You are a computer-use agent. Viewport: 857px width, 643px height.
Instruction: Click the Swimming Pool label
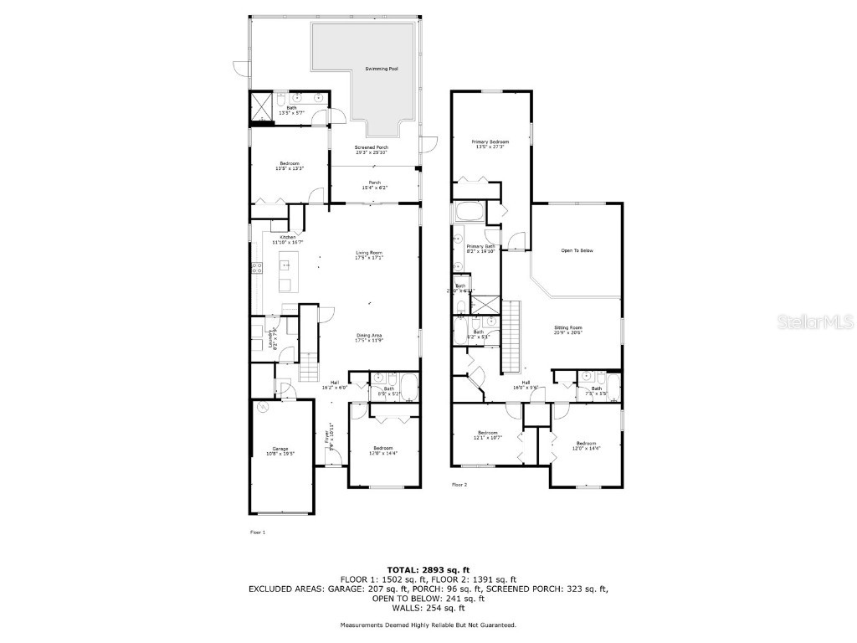pyautogui.click(x=381, y=69)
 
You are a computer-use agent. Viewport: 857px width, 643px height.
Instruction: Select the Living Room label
pyautogui.click(x=369, y=254)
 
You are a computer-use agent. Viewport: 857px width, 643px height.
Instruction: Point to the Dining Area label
pyautogui.click(x=369, y=337)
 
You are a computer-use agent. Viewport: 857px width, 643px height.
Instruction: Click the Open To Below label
pyautogui.click(x=577, y=250)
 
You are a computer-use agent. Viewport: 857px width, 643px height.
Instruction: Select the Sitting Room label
pyautogui.click(x=567, y=329)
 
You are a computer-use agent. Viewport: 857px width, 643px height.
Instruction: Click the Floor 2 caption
pyautogui.click(x=459, y=485)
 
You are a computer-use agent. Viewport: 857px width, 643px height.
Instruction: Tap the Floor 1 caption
pyautogui.click(x=258, y=532)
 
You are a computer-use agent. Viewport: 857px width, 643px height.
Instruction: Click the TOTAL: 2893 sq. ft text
pyautogui.click(x=428, y=568)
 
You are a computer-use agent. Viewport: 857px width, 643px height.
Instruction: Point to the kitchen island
pyautogui.click(x=285, y=276)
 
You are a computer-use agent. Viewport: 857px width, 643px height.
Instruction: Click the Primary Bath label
pyautogui.click(x=481, y=248)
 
